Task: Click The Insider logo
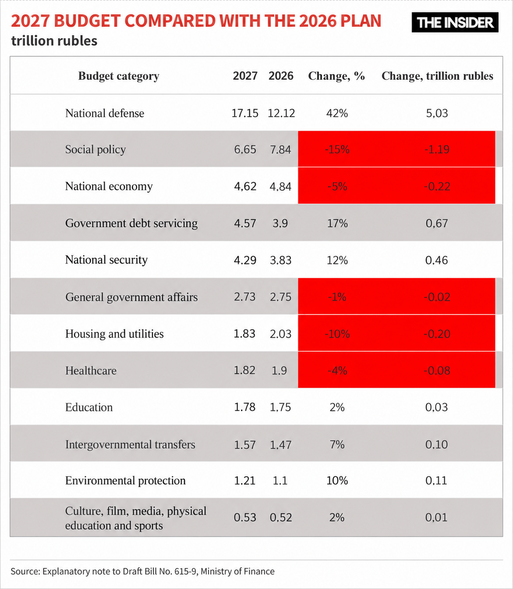tap(455, 22)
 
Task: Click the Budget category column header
tap(118, 76)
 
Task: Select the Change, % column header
tap(336, 76)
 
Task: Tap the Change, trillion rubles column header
tap(437, 76)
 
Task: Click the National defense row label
tap(105, 113)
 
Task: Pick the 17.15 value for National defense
tap(245, 113)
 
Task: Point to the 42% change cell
tap(337, 113)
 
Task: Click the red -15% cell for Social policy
tap(337, 149)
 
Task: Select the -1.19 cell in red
tap(437, 149)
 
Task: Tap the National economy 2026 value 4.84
tap(280, 186)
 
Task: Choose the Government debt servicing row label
tap(131, 223)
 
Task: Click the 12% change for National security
tap(337, 260)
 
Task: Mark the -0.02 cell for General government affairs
tap(437, 297)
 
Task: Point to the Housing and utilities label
tap(114, 334)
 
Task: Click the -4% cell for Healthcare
tap(337, 370)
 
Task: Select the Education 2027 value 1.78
tap(245, 407)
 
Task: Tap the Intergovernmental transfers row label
tap(130, 444)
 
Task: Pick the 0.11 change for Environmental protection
tap(436, 481)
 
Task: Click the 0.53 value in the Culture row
tap(245, 518)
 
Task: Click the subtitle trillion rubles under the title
tap(54, 41)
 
